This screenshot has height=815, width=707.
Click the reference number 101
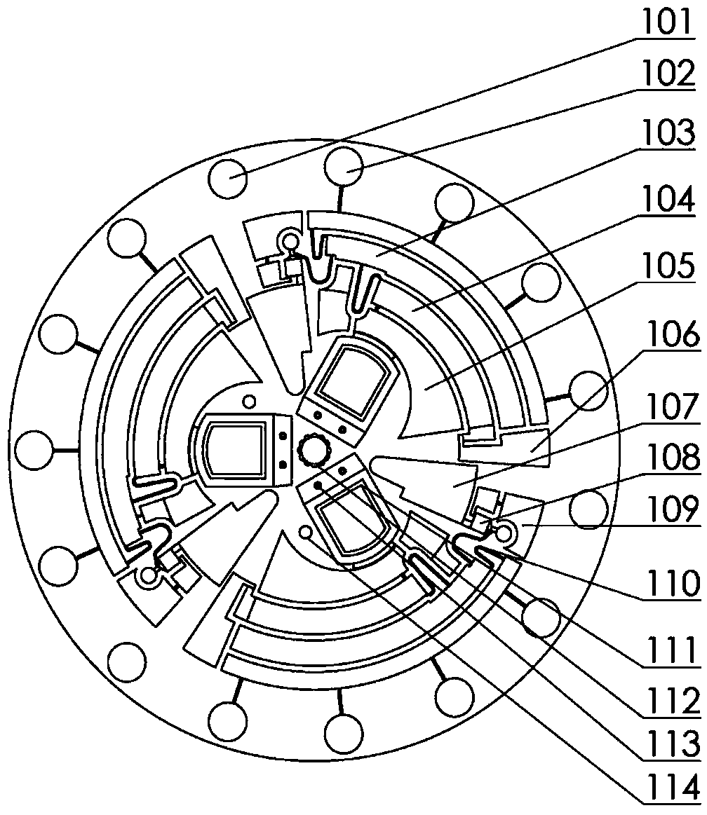coord(668,22)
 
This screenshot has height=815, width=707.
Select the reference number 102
coord(668,74)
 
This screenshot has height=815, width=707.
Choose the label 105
coord(668,266)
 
